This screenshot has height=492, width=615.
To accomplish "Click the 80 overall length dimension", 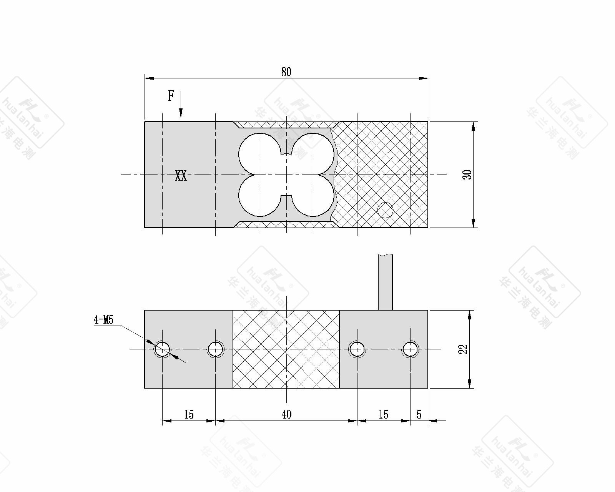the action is [286, 72].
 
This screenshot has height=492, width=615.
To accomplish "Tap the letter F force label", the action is [171, 96].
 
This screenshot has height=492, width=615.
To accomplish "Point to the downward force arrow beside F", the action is [181, 104].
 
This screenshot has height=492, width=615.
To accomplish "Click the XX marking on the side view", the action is [181, 176].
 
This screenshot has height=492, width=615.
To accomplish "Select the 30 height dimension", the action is [467, 175].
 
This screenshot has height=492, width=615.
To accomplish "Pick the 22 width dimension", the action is [463, 349].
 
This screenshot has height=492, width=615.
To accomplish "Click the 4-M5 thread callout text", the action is [103, 319].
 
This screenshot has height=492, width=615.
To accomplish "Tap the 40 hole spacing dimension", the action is [286, 414].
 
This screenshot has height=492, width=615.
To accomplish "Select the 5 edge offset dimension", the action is [419, 414].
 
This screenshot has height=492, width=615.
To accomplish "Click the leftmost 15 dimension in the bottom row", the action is [189, 414].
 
